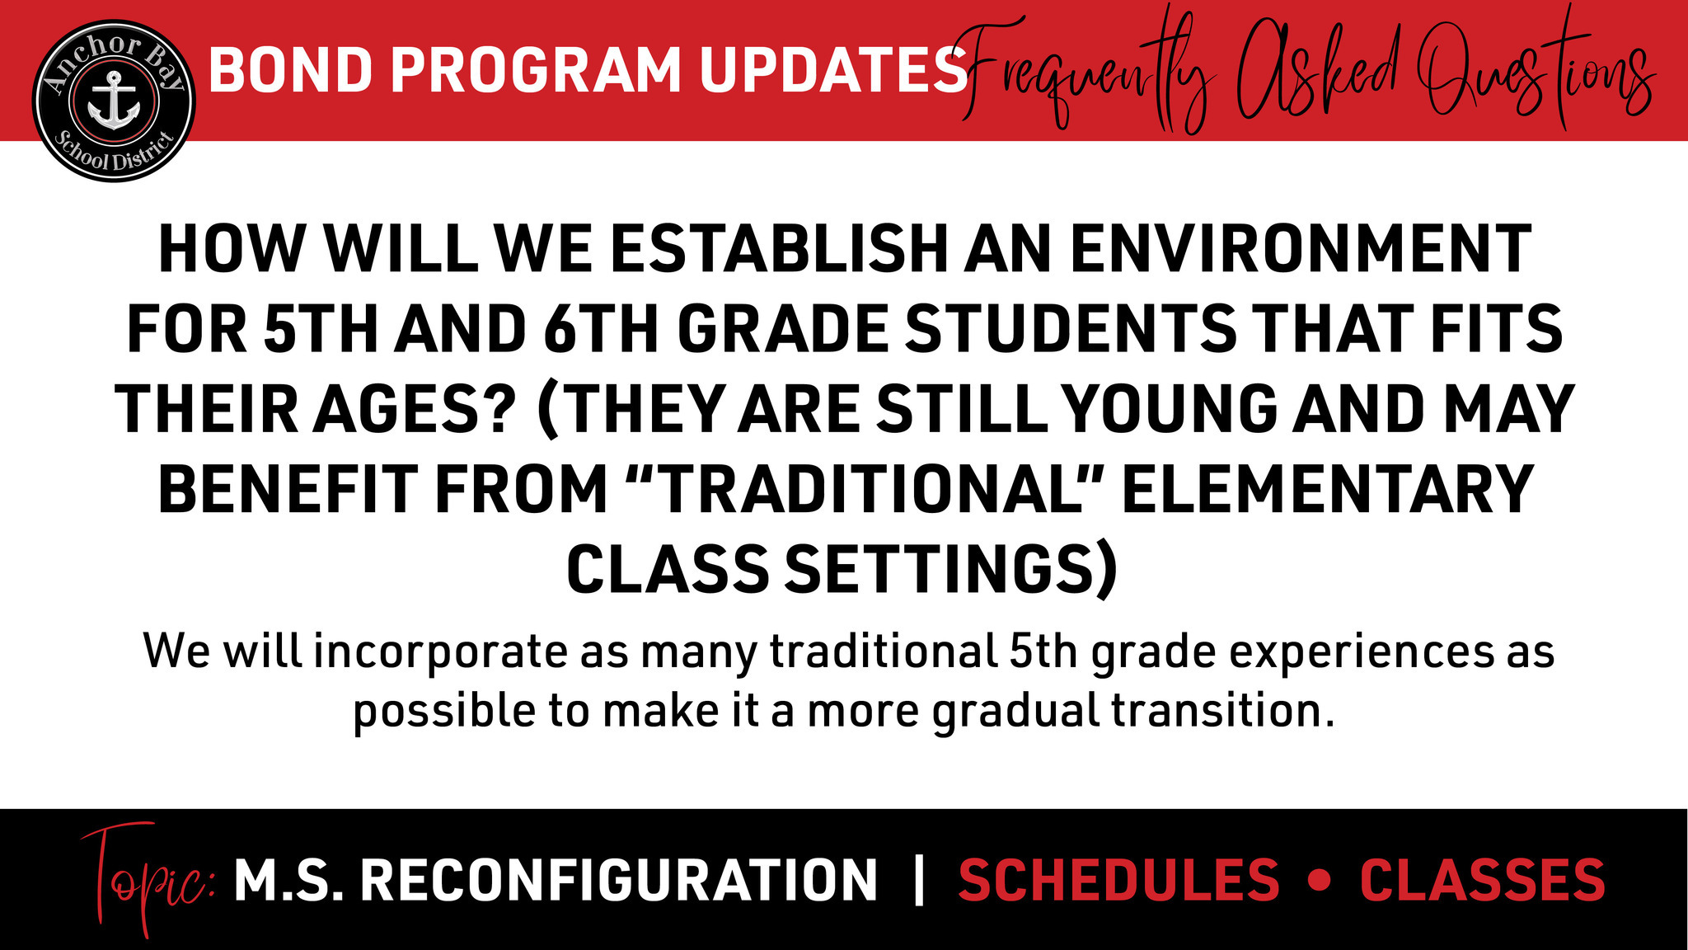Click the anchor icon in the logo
[114, 101]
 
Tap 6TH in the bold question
[601, 328]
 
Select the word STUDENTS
[1071, 328]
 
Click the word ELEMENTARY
[1327, 488]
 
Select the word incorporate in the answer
[440, 651]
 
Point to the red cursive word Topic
[148, 879]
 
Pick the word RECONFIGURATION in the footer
[619, 880]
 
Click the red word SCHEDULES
[1118, 880]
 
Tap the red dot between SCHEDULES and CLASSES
[1320, 881]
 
